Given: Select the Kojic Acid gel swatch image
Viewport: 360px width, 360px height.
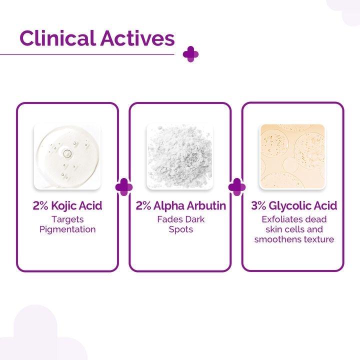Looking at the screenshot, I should tap(67, 156).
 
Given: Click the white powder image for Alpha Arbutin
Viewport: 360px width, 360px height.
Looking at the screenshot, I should tap(180, 156).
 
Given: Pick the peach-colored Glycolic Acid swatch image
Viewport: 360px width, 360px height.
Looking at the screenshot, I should tap(292, 156).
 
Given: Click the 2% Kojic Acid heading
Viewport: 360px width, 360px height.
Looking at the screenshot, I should tap(67, 206).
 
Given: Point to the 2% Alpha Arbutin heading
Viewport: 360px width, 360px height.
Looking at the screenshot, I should tap(180, 206).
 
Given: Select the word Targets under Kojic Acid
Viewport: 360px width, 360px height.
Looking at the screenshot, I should tap(67, 219).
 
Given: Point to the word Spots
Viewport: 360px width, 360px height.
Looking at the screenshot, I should tap(180, 229).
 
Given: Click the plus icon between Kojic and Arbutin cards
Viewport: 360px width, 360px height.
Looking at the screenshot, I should tap(124, 187).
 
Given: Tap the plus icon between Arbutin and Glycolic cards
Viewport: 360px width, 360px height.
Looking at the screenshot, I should tap(236, 187).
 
